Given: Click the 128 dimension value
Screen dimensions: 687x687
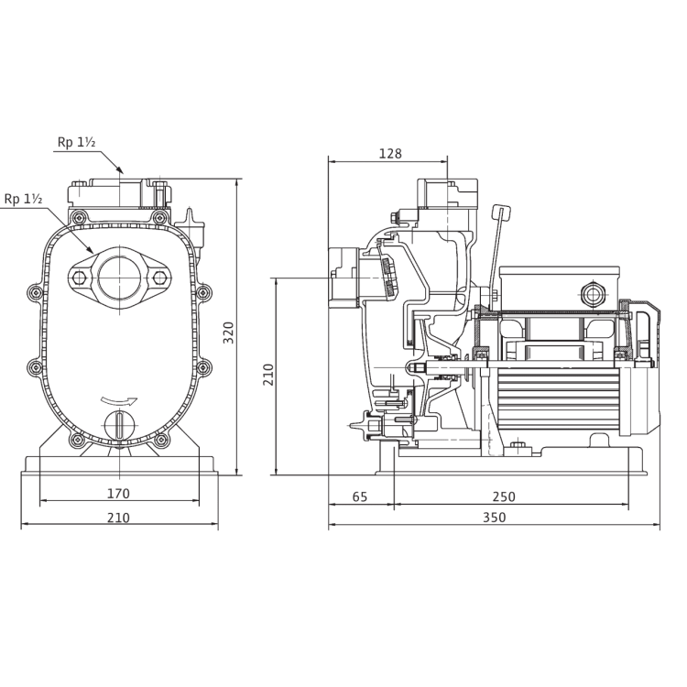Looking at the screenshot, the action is point(390,153).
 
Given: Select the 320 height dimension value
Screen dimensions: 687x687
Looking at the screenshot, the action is point(229,333).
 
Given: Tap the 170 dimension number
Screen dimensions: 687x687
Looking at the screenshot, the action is point(118,494).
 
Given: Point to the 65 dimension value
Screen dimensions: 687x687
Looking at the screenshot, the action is point(360,496).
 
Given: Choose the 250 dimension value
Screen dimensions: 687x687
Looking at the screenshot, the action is point(504,496).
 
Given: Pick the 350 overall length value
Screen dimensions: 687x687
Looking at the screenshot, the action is point(495,518).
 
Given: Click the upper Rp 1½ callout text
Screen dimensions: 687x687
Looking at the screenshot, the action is point(76,142).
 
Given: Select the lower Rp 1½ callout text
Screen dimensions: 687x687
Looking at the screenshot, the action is point(23,199).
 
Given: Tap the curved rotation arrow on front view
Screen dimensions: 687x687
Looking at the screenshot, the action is point(119,400).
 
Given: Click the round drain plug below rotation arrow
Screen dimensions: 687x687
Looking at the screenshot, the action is point(119,425).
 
